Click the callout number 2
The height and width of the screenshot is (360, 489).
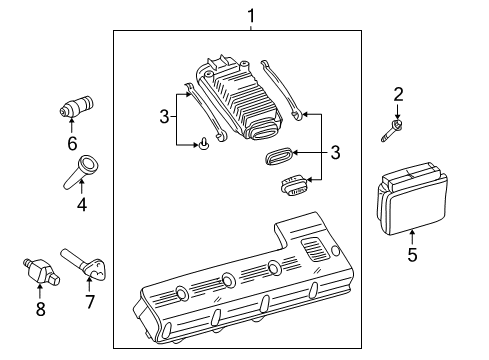(398, 95)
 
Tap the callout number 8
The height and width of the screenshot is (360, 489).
(40, 308)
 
